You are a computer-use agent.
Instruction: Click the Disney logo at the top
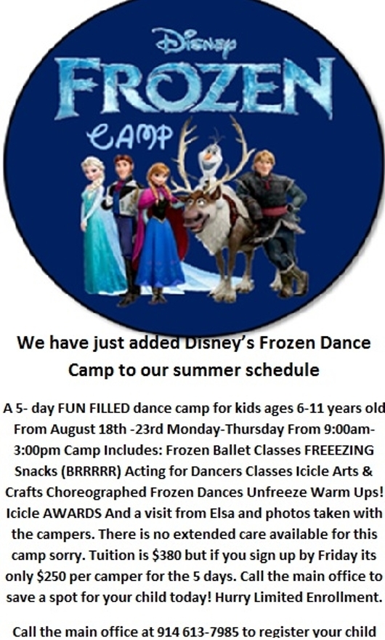(x=194, y=42)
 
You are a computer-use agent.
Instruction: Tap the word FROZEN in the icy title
(x=194, y=88)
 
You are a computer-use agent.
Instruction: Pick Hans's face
(x=122, y=167)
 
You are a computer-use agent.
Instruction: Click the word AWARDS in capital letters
(x=73, y=513)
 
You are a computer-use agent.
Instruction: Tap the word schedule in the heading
(x=285, y=369)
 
